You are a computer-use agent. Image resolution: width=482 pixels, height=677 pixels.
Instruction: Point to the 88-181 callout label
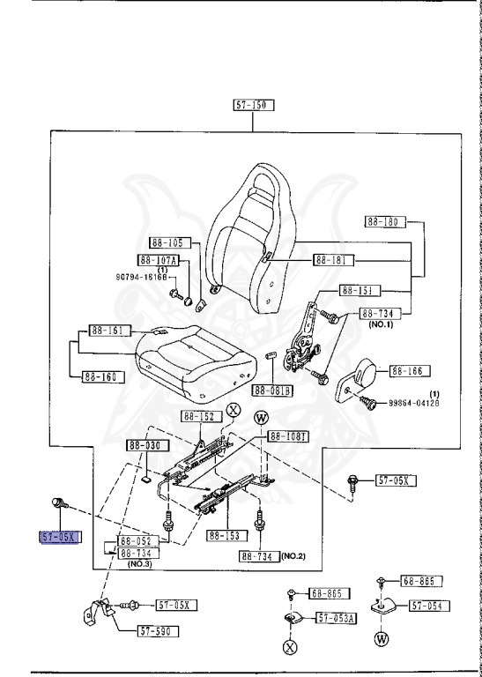coord(334,261)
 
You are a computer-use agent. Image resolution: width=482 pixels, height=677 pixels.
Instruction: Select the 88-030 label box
coord(145,446)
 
